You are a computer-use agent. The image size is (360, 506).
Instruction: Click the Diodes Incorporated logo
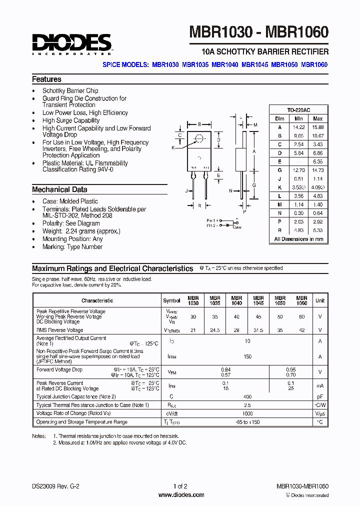71,43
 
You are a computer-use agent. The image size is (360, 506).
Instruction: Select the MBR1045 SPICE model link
255,64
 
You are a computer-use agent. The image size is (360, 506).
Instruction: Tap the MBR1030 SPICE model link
165,64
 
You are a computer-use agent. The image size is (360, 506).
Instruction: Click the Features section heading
46,79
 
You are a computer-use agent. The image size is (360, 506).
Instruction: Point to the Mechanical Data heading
59,190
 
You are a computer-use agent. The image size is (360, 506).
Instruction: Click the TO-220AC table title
298,110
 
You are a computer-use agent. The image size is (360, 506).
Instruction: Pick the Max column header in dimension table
317,118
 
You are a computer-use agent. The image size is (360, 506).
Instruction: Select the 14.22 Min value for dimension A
298,127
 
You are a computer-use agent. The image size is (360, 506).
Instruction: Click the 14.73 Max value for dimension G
317,170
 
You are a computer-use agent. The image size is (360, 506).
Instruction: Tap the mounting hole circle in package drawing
199,138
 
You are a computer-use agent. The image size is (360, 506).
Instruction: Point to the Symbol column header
171,300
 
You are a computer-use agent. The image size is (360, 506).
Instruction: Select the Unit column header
320,300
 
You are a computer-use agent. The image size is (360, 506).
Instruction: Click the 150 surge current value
247,356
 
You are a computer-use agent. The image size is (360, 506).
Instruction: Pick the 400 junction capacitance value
247,396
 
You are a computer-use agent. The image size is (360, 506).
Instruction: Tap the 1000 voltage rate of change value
247,413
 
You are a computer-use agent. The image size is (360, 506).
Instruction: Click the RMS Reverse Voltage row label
59,330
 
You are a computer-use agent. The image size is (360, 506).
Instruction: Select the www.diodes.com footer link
181,495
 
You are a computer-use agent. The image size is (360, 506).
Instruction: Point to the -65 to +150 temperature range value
247,422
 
